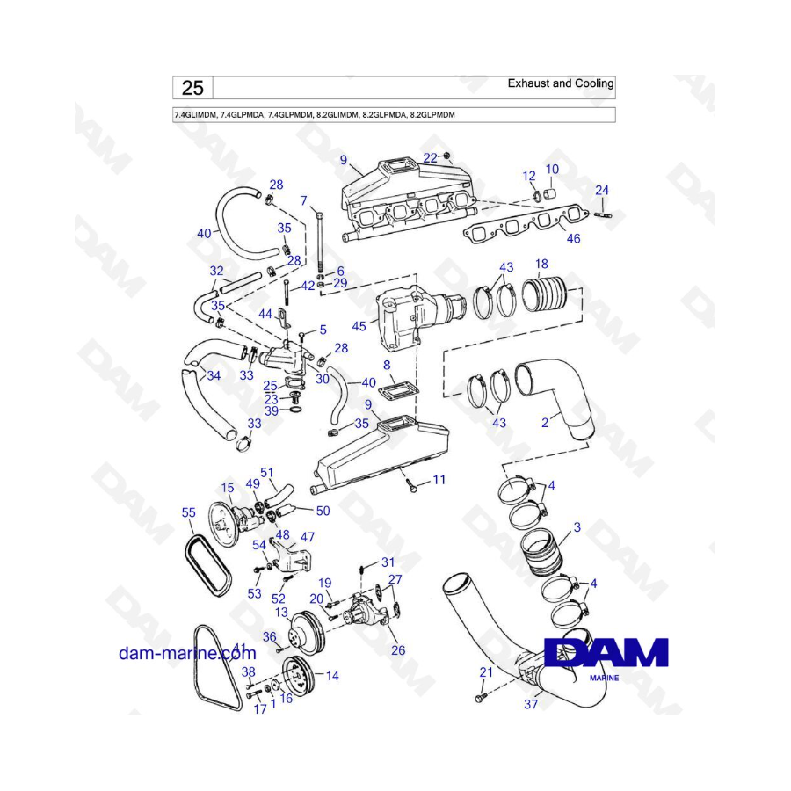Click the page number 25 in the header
click(x=192, y=87)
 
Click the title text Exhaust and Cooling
click(x=561, y=83)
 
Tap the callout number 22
click(x=430, y=157)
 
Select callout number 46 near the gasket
click(x=573, y=238)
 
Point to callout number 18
click(x=541, y=264)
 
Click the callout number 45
click(x=359, y=327)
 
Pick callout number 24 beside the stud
click(x=602, y=190)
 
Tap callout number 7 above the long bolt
click(x=304, y=200)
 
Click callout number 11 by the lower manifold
click(x=439, y=480)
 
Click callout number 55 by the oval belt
click(x=188, y=512)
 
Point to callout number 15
click(x=227, y=488)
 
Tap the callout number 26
click(x=398, y=651)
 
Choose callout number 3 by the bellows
click(x=577, y=527)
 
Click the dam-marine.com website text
click(x=187, y=653)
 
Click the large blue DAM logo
click(x=606, y=652)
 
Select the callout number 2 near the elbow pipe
click(x=545, y=423)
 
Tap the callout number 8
click(x=386, y=364)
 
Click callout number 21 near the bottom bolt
click(x=484, y=672)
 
